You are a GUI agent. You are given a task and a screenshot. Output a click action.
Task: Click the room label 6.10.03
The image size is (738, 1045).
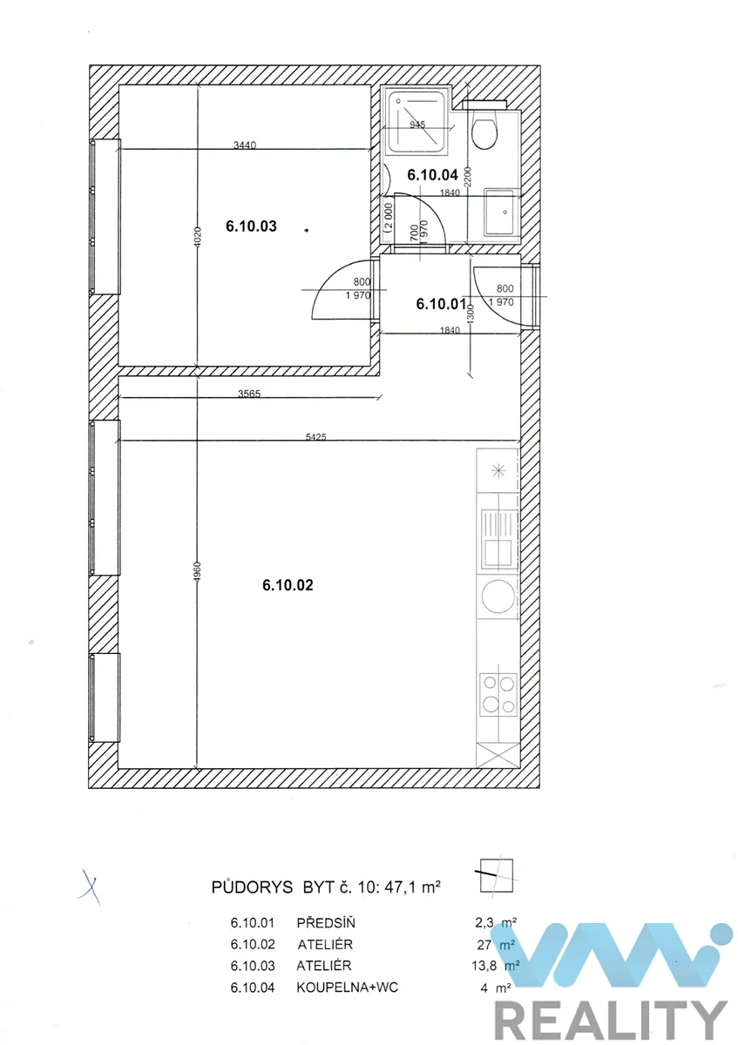[251, 226]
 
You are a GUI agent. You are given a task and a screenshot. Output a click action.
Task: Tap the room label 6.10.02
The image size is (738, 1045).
[288, 585]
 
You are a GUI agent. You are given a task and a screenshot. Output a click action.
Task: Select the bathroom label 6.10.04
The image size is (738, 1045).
[433, 175]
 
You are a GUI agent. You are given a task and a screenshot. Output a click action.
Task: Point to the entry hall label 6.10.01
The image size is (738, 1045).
[441, 304]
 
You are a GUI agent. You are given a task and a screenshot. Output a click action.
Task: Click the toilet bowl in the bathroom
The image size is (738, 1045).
[484, 131]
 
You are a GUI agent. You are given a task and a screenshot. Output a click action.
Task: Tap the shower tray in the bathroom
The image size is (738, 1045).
[417, 122]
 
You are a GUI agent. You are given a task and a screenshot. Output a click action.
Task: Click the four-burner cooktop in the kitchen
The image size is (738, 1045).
[498, 694]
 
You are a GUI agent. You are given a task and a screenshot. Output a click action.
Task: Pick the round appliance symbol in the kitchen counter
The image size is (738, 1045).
[498, 597]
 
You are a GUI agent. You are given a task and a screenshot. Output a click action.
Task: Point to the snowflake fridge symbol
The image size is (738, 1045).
[498, 471]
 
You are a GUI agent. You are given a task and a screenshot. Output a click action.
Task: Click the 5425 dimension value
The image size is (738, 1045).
[315, 436]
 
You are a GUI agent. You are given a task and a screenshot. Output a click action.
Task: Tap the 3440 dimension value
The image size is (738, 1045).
[245, 145]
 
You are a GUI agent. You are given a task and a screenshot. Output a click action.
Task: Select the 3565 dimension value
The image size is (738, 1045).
[249, 394]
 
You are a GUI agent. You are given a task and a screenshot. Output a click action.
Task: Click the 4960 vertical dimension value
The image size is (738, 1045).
[197, 571]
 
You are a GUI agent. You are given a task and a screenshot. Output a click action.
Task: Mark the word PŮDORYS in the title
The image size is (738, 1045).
[252, 887]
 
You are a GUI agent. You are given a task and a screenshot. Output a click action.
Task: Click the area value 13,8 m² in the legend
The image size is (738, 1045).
[495, 965]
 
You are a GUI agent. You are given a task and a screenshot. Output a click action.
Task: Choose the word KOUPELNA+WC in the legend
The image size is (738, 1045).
[348, 988]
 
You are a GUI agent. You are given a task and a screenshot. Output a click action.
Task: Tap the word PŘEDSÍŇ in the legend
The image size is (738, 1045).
[326, 922]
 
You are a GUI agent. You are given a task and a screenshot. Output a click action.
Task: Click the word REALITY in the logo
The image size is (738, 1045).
[611, 1020]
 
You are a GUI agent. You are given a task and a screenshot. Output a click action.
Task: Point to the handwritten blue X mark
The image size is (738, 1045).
[89, 886]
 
